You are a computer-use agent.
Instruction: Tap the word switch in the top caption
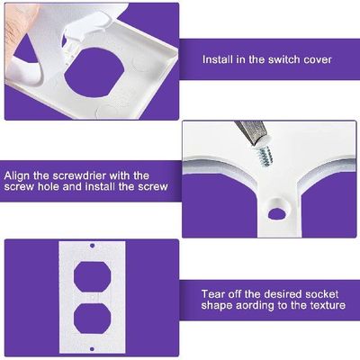(x=277, y=59)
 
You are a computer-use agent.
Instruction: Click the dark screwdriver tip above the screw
(x=247, y=130)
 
